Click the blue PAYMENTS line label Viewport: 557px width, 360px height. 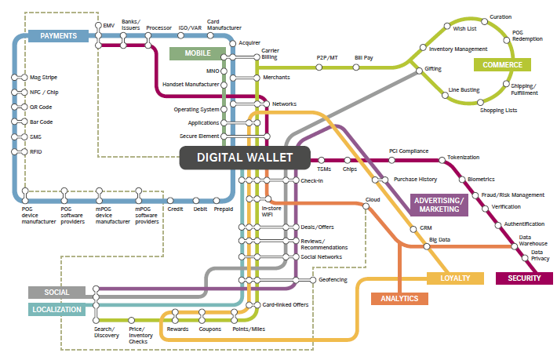coord(58,36)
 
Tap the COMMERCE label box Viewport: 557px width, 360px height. coord(502,64)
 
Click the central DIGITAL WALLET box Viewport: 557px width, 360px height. coord(245,158)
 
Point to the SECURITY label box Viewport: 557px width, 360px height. coord(524,278)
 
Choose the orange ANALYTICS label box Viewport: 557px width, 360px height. coord(399,298)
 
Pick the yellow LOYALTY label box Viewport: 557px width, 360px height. coord(455,278)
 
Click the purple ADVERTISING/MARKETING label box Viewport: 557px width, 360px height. coord(439,205)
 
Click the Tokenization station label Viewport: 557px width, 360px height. coord(463,158)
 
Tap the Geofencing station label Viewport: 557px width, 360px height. coord(333,279)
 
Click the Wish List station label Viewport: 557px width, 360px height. coord(465,27)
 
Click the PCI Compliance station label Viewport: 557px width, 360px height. coord(408,151)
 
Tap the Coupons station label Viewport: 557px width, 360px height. coord(209,329)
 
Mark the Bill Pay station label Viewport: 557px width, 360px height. coord(363,57)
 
